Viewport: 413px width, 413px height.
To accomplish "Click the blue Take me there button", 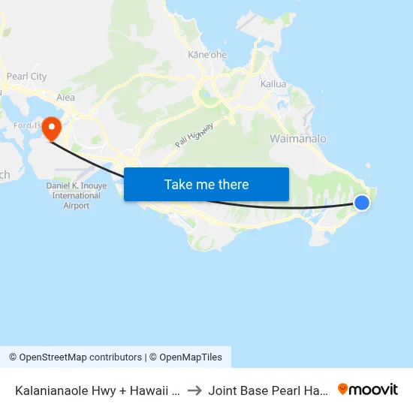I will click(x=206, y=184).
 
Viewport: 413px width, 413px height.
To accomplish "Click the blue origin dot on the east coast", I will click(x=362, y=202).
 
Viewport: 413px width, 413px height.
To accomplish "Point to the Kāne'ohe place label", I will click(x=208, y=55).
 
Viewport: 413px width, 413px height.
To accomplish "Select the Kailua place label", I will click(x=273, y=84).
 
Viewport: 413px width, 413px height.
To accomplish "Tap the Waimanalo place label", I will click(x=298, y=139).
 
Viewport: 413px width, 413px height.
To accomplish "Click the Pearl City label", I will click(x=26, y=77).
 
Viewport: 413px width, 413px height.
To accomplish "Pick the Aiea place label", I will click(x=66, y=98).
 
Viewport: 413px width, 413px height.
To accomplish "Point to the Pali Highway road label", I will click(x=194, y=135).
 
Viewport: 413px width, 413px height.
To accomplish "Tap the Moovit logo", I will click(x=368, y=390).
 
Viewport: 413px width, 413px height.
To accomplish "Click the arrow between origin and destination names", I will click(x=194, y=390).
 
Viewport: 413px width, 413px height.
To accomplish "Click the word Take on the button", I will click(x=178, y=184).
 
